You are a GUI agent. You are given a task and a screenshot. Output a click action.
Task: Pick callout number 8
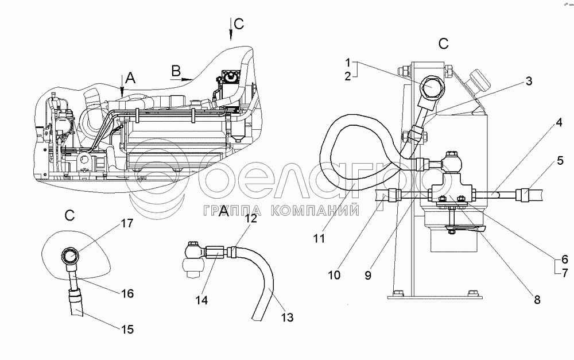pos(537,299)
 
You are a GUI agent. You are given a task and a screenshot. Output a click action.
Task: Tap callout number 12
pos(251,218)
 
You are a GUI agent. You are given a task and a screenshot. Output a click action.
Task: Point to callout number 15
pos(127,329)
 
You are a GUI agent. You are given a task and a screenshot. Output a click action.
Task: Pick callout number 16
pos(127,293)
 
